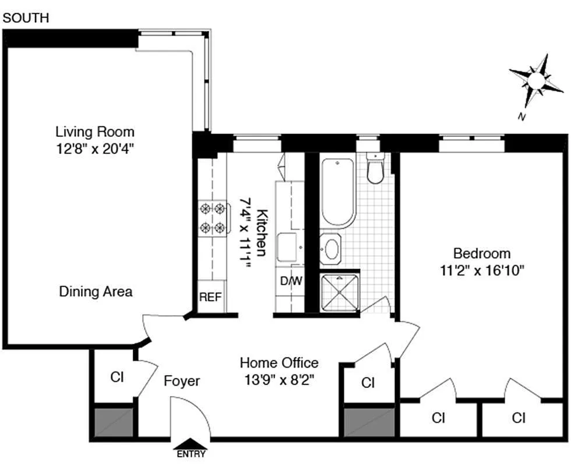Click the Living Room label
coord(95,132)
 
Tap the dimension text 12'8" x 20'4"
coord(95,148)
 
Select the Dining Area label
coord(96,291)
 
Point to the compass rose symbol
coord(537,81)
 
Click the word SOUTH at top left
coord(26,19)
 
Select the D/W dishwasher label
coord(291,281)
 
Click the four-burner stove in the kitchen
coord(212,217)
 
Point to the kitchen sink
coord(287,247)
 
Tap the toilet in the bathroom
coord(375,168)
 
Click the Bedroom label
coord(482,253)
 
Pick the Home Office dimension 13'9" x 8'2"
coord(279,381)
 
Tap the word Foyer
coord(181,382)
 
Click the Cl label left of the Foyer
coord(117,377)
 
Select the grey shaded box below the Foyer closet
coord(113,421)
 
